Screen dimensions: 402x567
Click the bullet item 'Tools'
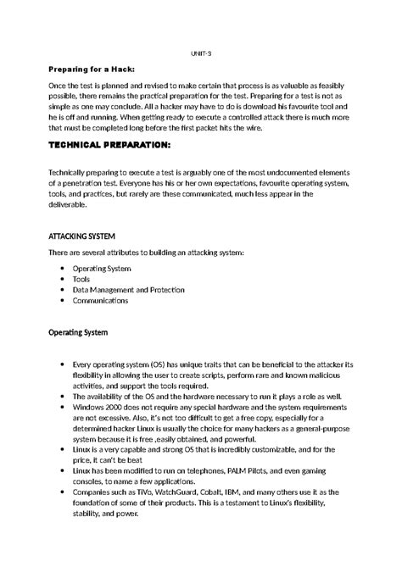click(81, 279)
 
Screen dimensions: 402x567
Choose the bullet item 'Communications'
click(100, 300)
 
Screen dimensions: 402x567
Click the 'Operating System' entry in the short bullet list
click(102, 269)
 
